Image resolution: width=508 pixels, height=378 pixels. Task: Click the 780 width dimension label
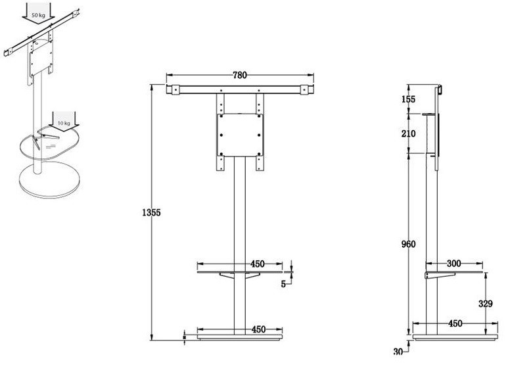pos(239,75)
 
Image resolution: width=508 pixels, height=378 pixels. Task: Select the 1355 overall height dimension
pos(152,212)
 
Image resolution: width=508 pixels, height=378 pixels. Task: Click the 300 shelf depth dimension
pos(454,263)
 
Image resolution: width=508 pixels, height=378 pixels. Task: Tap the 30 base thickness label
pos(398,352)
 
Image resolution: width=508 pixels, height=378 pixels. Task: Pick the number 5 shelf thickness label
pos(283,284)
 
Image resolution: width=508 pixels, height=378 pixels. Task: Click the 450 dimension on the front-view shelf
pos(257,264)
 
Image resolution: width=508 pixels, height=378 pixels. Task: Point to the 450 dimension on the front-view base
pos(257,329)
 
